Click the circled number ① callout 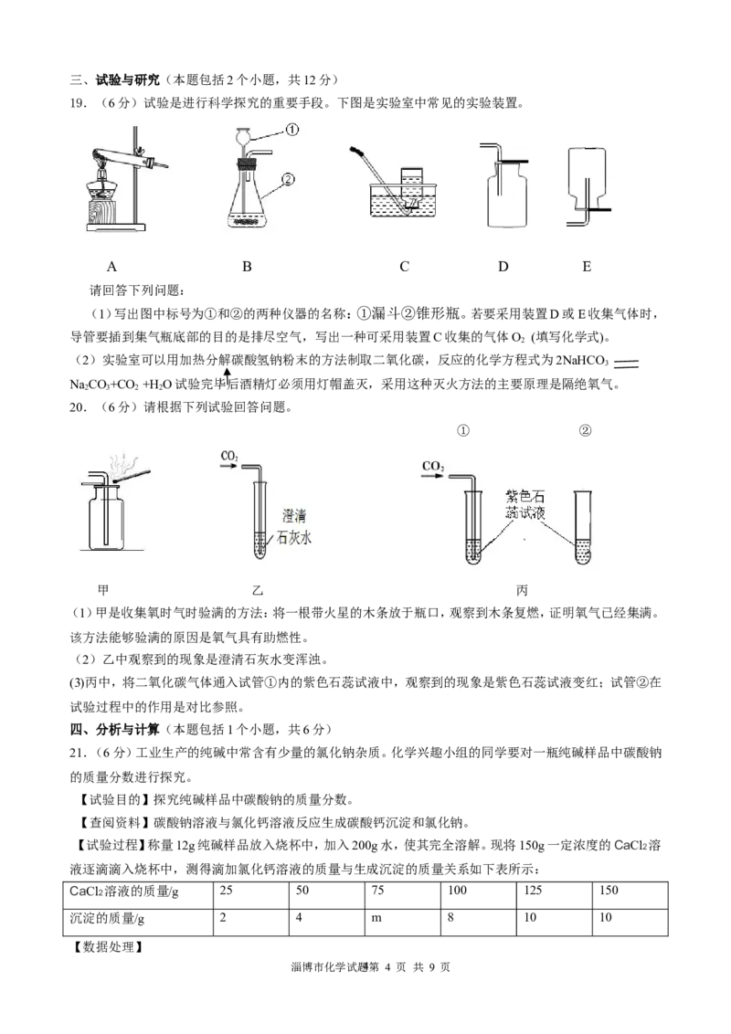point(291,130)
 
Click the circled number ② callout point(290,179)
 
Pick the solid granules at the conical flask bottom point(248,219)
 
